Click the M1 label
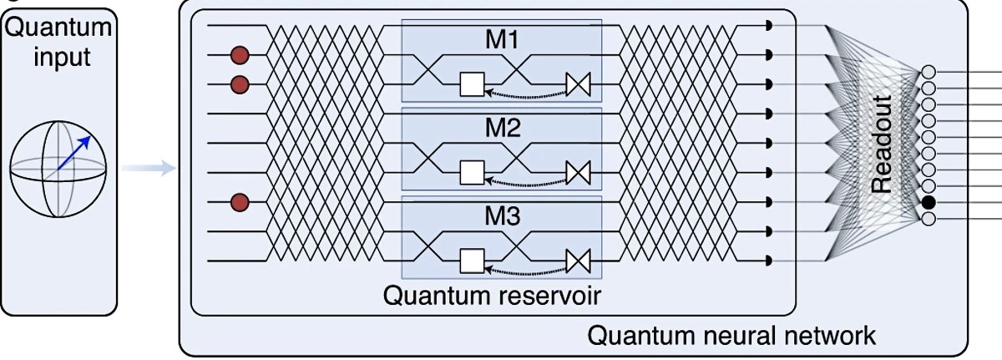[501, 40]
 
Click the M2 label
[501, 129]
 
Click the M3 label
[501, 217]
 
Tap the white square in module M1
[473, 84]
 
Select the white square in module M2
[473, 173]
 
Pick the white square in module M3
[473, 261]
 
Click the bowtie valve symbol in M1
[578, 84]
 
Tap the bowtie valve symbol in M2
[578, 173]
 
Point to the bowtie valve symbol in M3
[578, 261]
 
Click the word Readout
[882, 145]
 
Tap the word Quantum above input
[58, 28]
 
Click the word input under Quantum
[58, 58]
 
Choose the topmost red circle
[240, 55]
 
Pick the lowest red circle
[240, 202]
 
